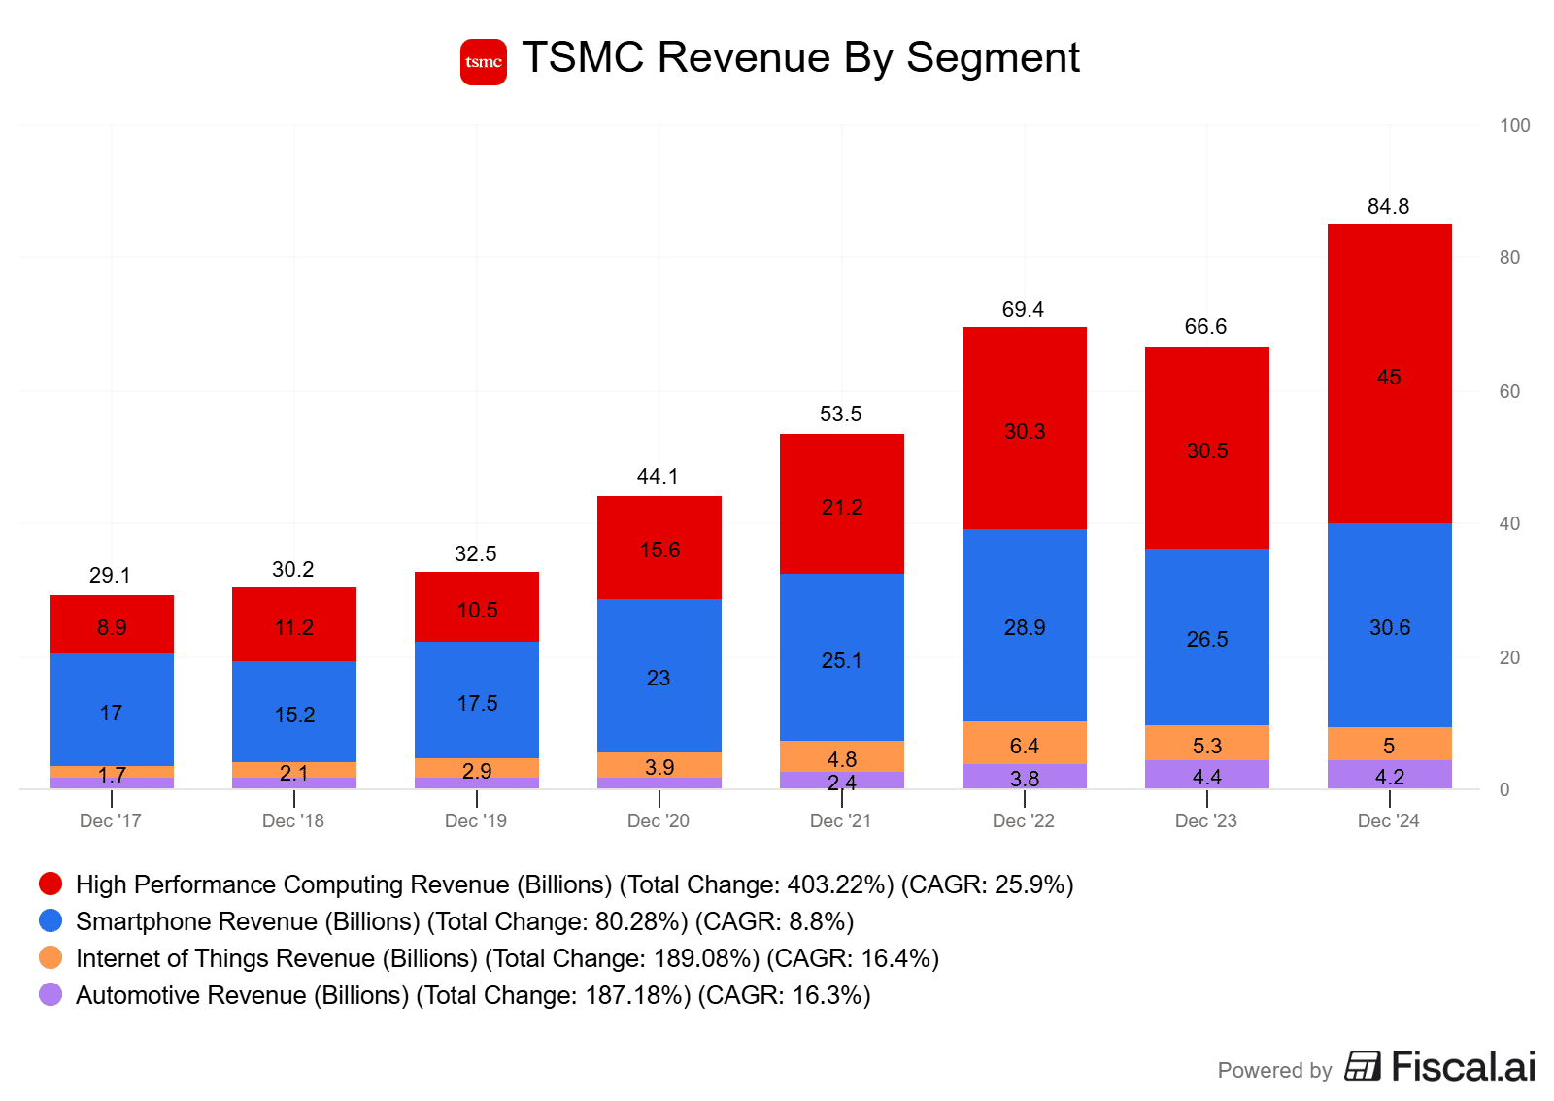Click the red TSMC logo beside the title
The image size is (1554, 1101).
coord(483,62)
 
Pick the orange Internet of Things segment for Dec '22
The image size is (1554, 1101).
coord(1025,743)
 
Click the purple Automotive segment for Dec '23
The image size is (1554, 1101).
coord(1207,775)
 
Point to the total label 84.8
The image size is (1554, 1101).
coord(1388,206)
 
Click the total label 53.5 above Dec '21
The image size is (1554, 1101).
coord(840,414)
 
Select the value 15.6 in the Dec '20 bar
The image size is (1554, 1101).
coord(659,550)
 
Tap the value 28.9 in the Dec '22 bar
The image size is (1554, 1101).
coord(1025,627)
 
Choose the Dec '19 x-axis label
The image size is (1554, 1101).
coord(476,820)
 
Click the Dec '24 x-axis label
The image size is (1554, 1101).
coord(1388,820)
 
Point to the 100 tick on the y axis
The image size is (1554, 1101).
coord(1514,125)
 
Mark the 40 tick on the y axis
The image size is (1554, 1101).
coord(1509,523)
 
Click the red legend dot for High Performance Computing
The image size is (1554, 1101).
coord(51,884)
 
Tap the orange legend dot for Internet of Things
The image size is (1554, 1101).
coord(51,957)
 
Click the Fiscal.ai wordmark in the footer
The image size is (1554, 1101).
coord(1463,1066)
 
